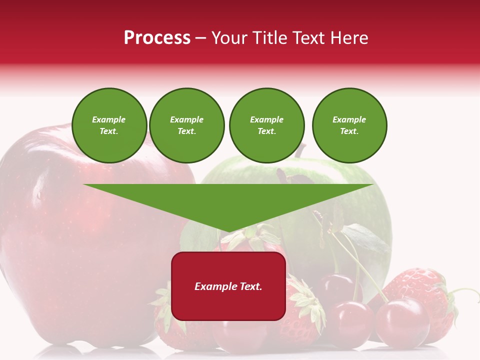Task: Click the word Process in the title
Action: pos(157,38)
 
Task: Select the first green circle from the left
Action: pos(109,125)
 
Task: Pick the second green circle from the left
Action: pos(187,125)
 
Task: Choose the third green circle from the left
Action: pos(266,125)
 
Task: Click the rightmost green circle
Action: pos(349,125)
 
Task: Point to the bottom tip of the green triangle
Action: pos(228,231)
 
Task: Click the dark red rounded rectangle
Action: pos(228,305)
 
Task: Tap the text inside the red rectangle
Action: pos(228,286)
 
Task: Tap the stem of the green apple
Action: pos(300,150)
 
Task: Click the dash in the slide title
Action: pos(200,38)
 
